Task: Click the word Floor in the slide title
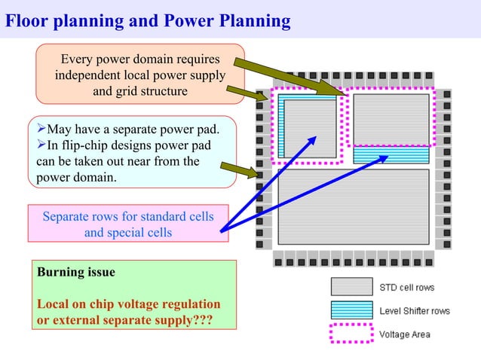[x=26, y=20]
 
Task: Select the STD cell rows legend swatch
[x=351, y=287]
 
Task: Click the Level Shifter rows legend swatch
[x=351, y=310]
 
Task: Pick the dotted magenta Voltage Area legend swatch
[x=351, y=333]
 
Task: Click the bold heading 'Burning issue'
[x=75, y=271]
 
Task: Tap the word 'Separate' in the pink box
[x=67, y=217]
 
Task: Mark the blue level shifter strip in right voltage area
[x=391, y=154]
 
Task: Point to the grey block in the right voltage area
[x=391, y=119]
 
